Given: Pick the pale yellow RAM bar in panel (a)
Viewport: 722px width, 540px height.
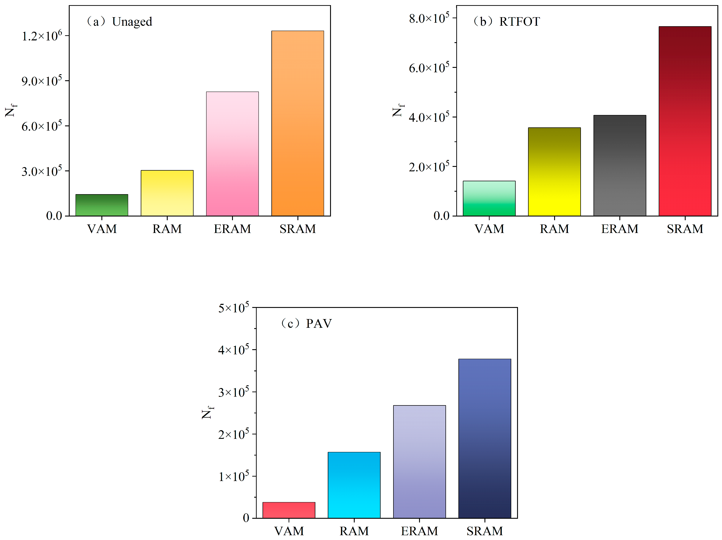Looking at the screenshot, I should tap(167, 193).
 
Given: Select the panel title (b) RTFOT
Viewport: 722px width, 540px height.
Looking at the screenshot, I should tap(507, 22).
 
